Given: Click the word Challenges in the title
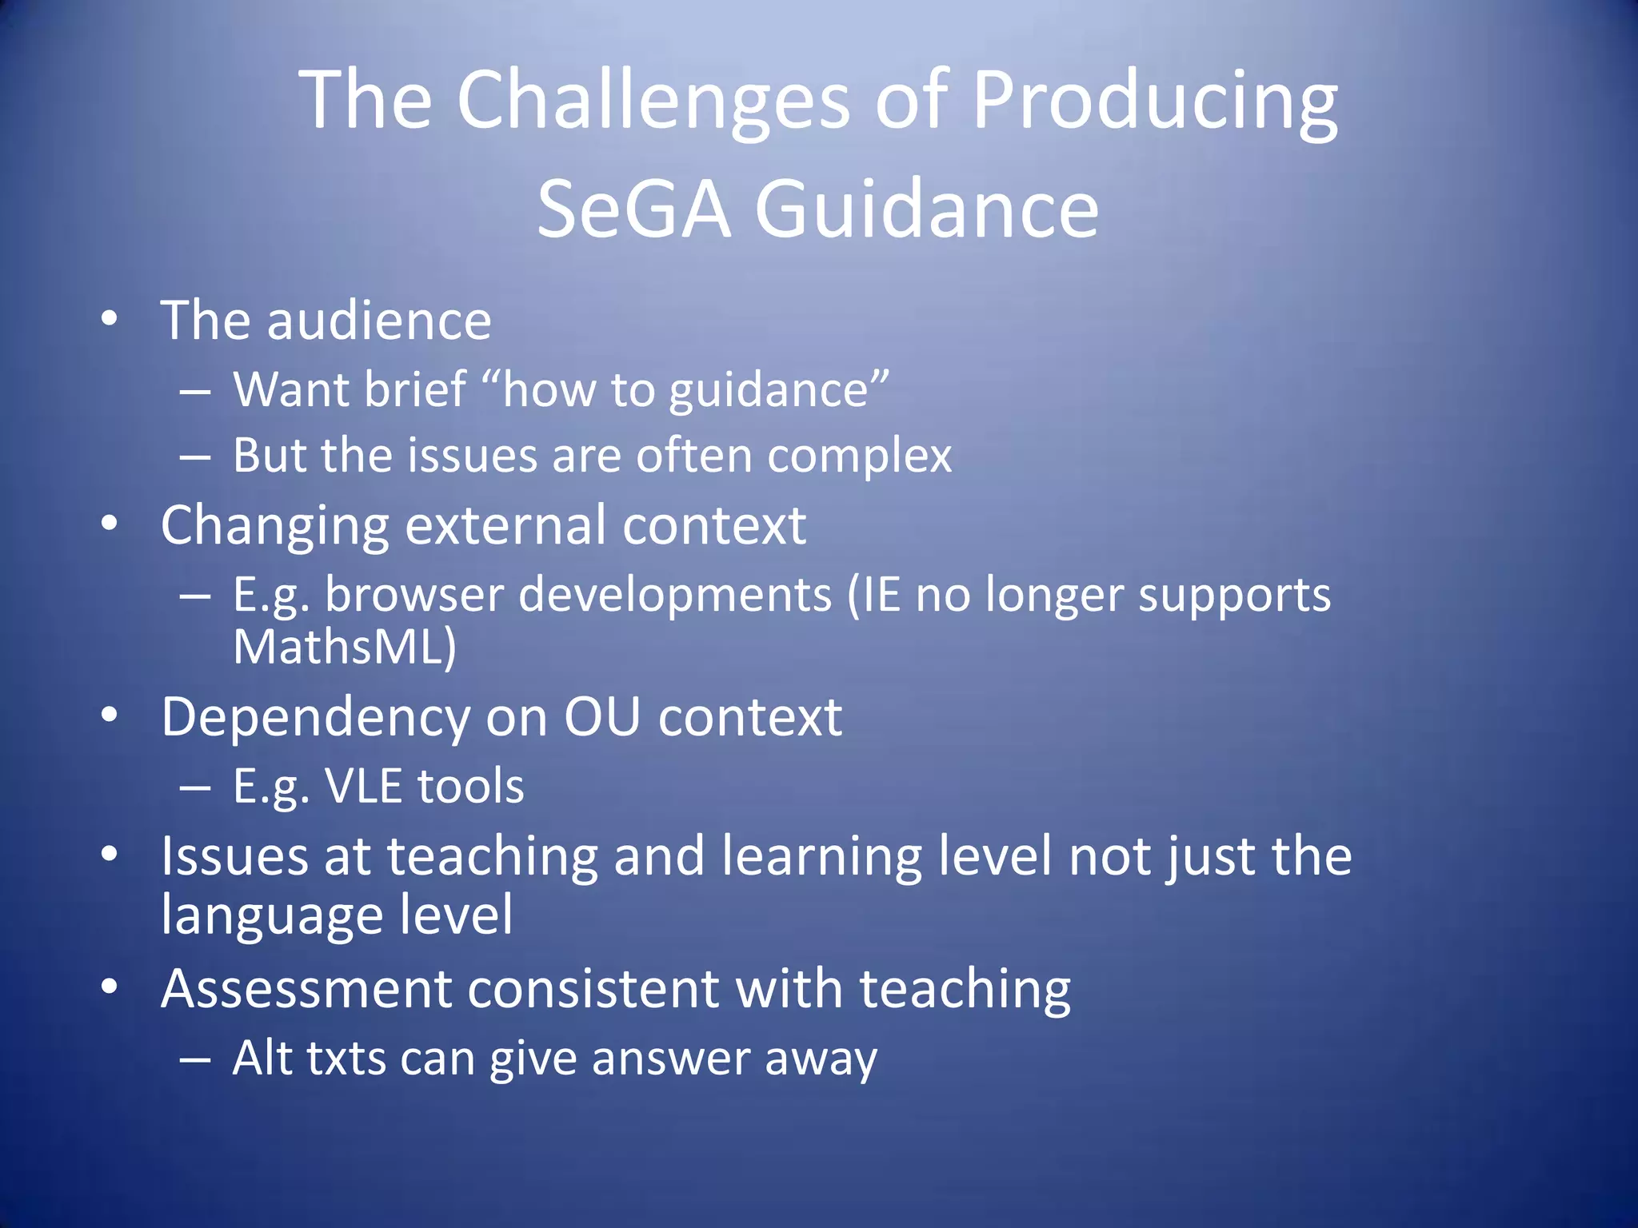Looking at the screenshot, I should click(653, 101).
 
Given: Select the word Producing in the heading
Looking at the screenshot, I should click(1154, 101).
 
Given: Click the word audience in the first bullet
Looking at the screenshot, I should click(378, 321).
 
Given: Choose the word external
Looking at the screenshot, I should click(505, 526).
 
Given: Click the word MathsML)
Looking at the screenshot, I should click(345, 647).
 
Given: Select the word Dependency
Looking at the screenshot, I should click(315, 717).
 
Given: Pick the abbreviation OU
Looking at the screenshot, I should click(601, 717).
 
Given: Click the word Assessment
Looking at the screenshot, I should click(306, 990).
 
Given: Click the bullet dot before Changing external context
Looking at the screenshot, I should click(110, 524).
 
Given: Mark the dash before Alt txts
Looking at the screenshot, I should click(195, 1060).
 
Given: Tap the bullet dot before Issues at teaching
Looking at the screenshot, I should click(110, 854).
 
